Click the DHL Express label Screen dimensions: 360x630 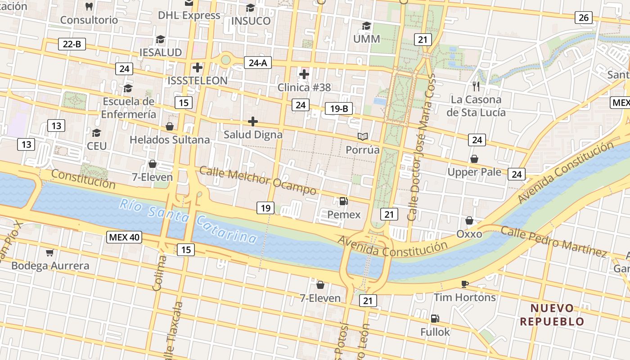(189, 15)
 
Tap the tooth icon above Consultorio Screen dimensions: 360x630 (89, 7)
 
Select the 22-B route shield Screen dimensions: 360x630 (72, 44)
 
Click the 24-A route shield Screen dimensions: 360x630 (258, 63)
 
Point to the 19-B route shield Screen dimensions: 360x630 (338, 108)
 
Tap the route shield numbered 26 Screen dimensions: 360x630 (583, 18)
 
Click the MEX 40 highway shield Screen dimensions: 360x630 (124, 237)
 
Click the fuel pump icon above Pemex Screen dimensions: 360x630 (343, 201)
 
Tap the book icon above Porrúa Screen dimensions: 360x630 (363, 136)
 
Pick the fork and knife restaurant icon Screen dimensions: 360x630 (476, 86)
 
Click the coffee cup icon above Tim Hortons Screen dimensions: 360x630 (465, 284)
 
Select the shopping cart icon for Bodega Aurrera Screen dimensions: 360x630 (50, 252)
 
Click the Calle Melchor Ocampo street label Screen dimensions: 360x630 (257, 181)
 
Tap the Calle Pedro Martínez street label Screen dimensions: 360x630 (554, 242)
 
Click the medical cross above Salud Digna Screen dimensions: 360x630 (253, 121)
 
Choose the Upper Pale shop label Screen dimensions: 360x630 (474, 172)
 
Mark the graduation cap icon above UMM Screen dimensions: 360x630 (367, 26)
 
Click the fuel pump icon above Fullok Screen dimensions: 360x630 (435, 319)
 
